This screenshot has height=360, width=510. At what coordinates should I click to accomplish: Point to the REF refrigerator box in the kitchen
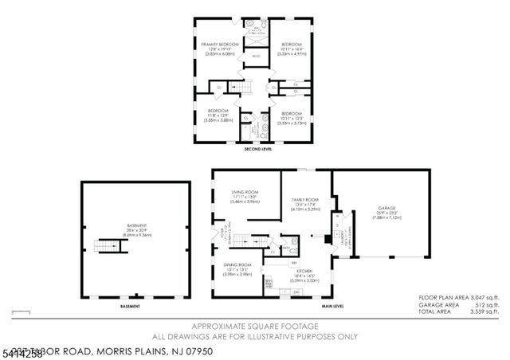pyautogui.click(x=294, y=263)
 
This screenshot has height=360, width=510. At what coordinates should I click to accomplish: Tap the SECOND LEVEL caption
pyautogui.click(x=256, y=148)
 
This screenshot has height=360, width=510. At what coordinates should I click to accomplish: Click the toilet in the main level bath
pyautogui.click(x=294, y=241)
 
